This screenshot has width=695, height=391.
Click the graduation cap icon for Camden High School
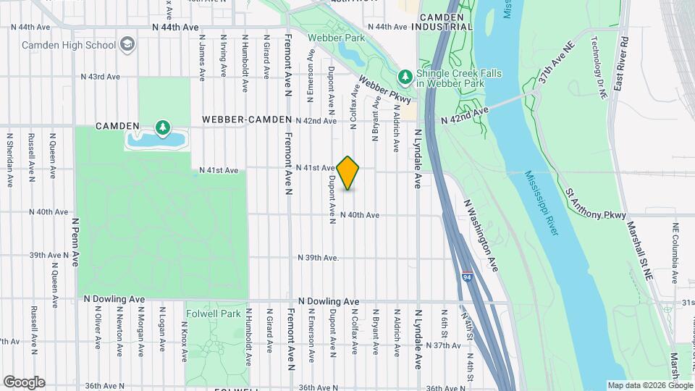click(x=128, y=45)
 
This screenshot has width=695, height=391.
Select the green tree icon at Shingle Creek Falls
click(x=405, y=76)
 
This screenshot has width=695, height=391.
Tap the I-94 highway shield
click(x=467, y=277)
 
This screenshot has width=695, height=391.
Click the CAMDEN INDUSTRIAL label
click(x=442, y=21)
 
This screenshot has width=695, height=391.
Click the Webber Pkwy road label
click(x=384, y=90)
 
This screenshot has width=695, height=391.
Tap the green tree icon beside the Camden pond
click(x=163, y=129)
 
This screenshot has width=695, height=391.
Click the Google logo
click(x=23, y=382)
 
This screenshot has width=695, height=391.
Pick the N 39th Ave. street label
click(x=318, y=258)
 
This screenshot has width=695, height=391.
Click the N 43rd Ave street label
click(x=100, y=76)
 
